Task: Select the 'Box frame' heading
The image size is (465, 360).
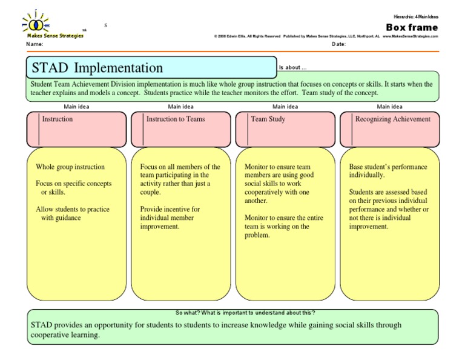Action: coord(411,27)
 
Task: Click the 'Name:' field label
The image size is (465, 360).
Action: coord(35,45)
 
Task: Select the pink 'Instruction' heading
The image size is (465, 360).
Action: coord(57,119)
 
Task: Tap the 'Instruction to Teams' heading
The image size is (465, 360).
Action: coord(176,119)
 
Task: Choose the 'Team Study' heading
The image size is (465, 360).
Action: coord(268,119)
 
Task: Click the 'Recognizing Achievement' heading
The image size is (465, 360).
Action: coord(393,119)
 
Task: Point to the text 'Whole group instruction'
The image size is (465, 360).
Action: coord(70,167)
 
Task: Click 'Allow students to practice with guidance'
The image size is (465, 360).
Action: coord(72,213)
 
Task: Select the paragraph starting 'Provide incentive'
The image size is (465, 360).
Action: coord(170,218)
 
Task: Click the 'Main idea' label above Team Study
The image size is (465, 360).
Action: coord(284,106)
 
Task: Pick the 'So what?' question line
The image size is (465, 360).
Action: coord(245,313)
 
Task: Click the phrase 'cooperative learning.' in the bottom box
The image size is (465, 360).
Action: coord(65,335)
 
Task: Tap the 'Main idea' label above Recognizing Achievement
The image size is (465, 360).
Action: coord(389,106)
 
